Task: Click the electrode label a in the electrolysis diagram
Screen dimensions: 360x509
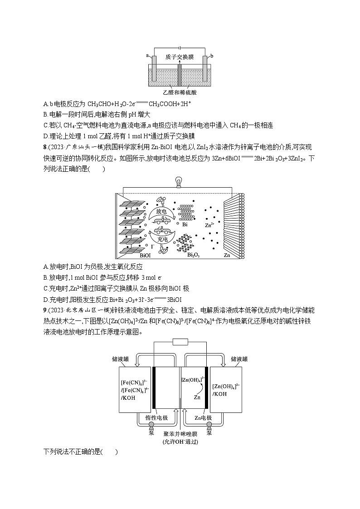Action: point(148,55)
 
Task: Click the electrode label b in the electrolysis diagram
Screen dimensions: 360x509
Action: point(212,55)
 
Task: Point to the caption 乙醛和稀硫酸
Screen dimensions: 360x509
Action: point(180,92)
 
